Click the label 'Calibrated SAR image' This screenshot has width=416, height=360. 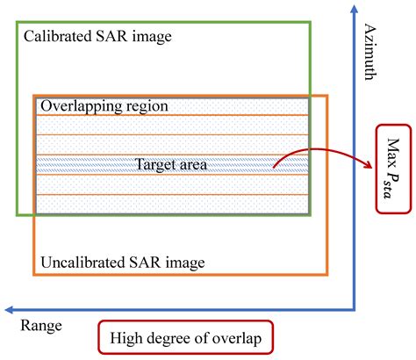point(97,37)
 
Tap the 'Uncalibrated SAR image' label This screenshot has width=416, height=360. point(124,262)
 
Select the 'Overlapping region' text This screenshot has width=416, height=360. point(104,106)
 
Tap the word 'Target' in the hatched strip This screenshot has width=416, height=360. point(154,164)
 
